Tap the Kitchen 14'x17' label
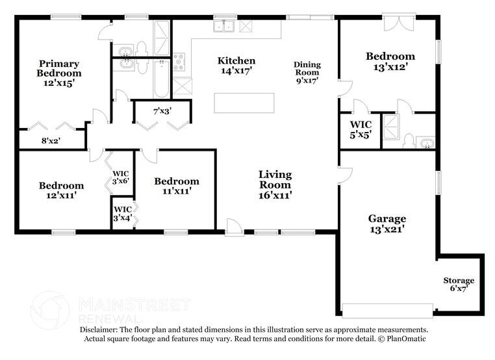(236, 66)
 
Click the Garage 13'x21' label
(387, 224)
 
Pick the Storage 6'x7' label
(459, 285)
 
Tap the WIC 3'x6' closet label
(121, 177)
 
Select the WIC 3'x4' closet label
(123, 214)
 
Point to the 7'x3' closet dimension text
(162, 112)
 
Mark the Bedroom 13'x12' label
(390, 62)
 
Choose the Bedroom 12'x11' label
(60, 190)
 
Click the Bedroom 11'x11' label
(177, 186)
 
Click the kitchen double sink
(225, 27)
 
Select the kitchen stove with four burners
(180, 62)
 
